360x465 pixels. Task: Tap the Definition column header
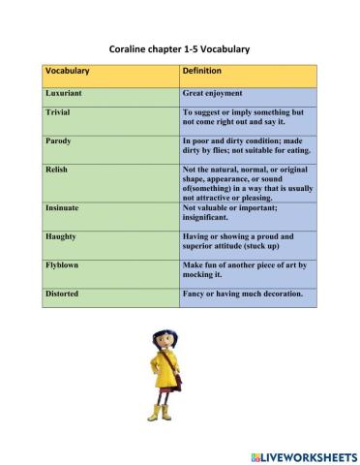pyautogui.click(x=202, y=71)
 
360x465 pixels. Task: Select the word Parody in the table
pyautogui.click(x=58, y=140)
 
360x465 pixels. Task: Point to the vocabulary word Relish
pyautogui.click(x=56, y=169)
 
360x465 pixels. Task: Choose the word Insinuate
pyautogui.click(x=64, y=207)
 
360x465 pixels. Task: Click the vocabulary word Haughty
pyautogui.click(x=61, y=236)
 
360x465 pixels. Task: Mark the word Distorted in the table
pyautogui.click(x=64, y=293)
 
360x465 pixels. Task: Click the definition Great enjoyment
pyautogui.click(x=217, y=95)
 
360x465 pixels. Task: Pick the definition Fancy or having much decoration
pyautogui.click(x=242, y=293)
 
